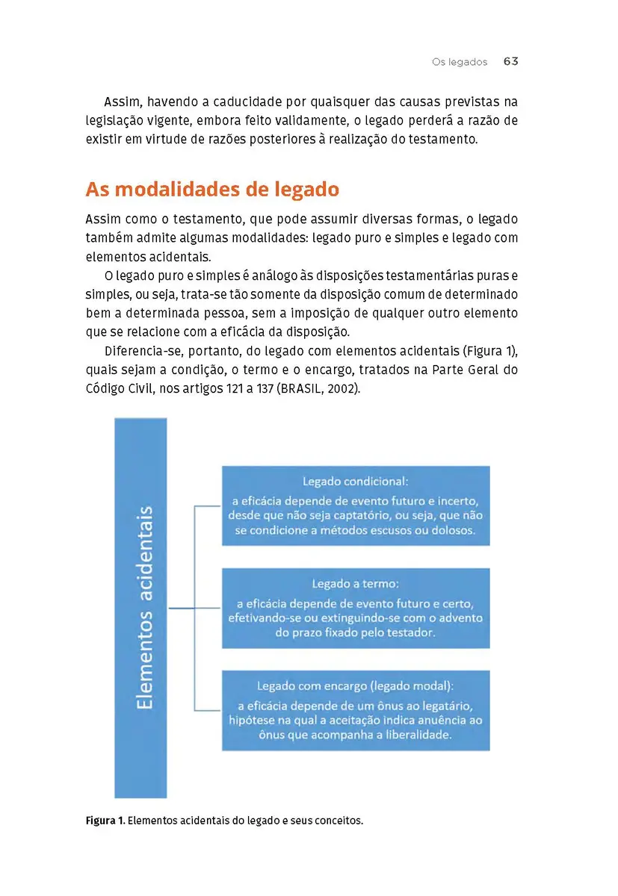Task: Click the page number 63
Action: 510,61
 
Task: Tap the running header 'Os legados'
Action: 460,62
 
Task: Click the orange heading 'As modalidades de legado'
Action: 212,190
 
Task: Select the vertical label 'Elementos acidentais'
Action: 141,608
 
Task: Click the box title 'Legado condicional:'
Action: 355,482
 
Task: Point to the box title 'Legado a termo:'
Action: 355,584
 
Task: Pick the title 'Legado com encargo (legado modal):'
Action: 355,685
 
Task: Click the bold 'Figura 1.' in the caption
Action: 105,821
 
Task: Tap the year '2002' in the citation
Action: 342,389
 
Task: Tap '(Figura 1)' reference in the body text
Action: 489,350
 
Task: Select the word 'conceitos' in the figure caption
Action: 337,821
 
